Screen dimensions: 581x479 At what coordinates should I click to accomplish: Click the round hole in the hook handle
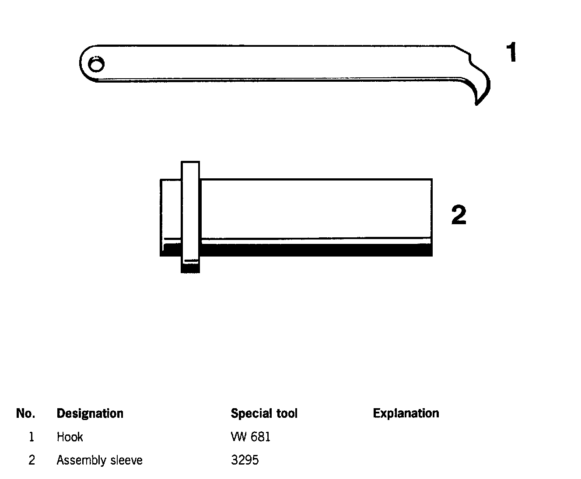coord(96,65)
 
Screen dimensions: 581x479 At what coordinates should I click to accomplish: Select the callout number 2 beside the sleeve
coord(458,215)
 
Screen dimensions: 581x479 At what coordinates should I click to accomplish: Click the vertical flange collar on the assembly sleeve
coord(190,210)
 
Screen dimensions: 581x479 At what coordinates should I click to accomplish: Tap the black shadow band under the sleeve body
coord(315,250)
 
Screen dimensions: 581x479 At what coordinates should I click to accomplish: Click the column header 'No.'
coord(25,413)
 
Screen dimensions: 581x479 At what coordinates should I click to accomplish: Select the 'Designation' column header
coord(90,413)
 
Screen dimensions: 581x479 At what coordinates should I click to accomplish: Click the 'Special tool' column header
coord(264,413)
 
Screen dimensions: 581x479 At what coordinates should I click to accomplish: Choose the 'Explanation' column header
coord(406,413)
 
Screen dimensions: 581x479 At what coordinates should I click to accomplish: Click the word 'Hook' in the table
coord(70,437)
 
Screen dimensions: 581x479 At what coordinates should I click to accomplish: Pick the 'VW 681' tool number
coord(250,437)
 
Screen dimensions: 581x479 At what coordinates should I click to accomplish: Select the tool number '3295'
coord(245,460)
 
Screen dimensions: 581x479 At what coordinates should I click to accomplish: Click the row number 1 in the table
coord(31,437)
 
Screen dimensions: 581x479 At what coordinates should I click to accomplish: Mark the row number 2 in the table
coord(31,460)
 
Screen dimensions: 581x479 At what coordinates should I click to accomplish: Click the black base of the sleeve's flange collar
coord(190,267)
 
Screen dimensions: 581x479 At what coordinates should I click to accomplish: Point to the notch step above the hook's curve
coord(470,57)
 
